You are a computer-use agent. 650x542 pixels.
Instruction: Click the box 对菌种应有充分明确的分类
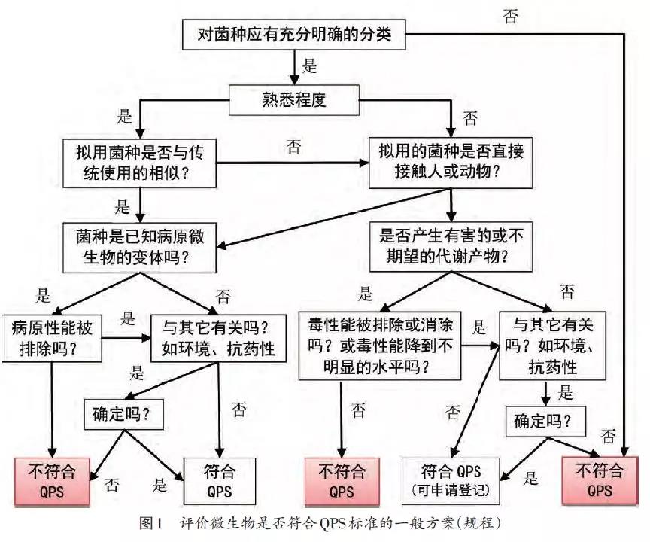point(293,35)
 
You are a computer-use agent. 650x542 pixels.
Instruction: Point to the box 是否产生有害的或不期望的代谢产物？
point(451,245)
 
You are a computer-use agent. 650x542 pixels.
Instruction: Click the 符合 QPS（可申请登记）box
point(451,481)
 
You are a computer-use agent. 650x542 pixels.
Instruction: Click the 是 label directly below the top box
point(310,67)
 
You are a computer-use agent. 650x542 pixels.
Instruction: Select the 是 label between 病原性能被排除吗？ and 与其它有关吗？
point(129,318)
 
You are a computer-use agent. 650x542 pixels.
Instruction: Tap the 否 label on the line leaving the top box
point(510,17)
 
